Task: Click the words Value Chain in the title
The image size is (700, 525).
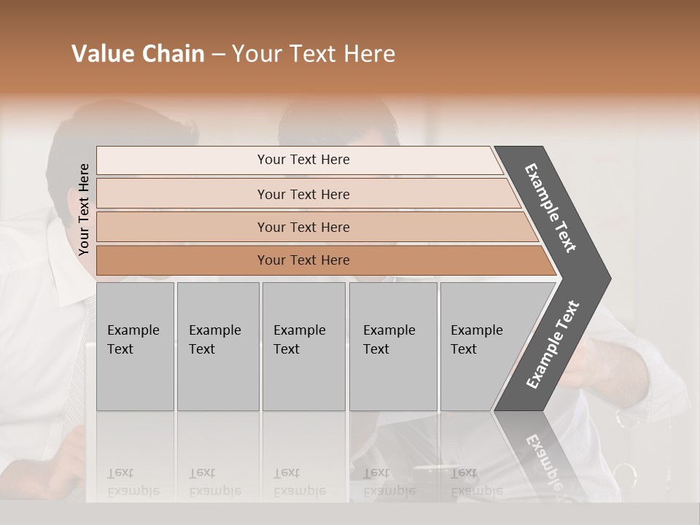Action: pos(138,54)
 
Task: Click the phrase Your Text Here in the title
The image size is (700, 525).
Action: pos(314,54)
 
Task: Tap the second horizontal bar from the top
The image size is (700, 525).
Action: pos(303,194)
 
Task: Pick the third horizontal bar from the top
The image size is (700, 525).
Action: pos(303,227)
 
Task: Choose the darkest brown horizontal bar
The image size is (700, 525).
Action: pos(303,260)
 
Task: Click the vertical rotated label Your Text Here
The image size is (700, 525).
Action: pos(84,209)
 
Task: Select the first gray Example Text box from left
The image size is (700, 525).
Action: pos(135,346)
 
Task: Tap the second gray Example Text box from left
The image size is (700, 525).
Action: pos(217,346)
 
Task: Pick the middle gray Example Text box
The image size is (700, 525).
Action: pos(303,346)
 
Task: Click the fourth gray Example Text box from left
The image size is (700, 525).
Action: pos(392,346)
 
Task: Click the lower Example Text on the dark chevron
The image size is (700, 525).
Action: pos(553,345)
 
